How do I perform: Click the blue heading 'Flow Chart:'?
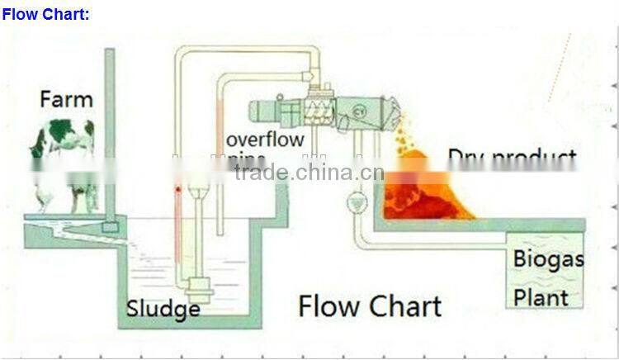point(45,14)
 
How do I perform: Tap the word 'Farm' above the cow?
point(66,100)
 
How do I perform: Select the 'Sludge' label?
point(163,309)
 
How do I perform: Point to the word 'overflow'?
point(265,139)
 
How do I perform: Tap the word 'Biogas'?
point(548,259)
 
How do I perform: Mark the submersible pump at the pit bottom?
point(199,289)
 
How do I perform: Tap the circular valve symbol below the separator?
point(357,201)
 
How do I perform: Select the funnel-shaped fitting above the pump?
point(198,192)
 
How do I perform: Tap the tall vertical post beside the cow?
point(109,132)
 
